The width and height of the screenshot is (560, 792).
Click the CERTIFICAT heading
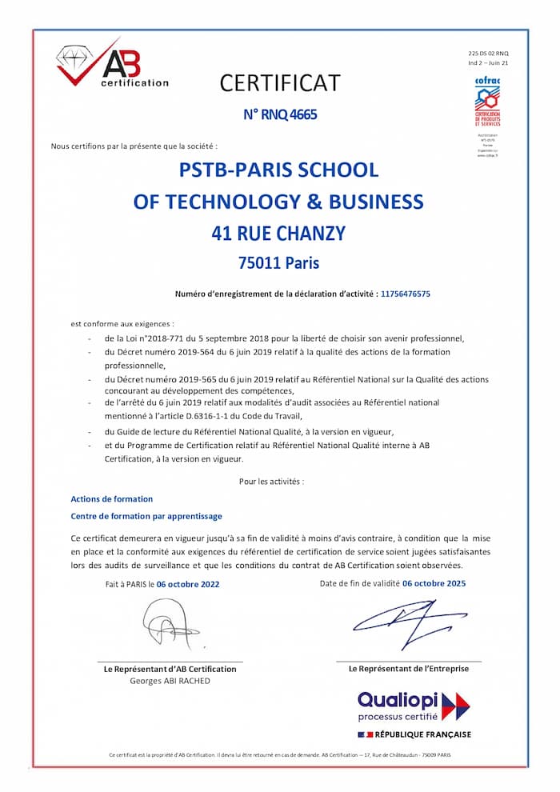click(280, 83)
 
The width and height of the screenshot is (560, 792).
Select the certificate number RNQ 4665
click(280, 114)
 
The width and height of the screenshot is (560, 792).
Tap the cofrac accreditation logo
click(487, 102)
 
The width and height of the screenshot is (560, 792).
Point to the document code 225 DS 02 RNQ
click(488, 52)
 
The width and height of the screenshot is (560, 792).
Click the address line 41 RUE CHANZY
click(278, 234)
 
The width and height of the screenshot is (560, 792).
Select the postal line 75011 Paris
click(278, 262)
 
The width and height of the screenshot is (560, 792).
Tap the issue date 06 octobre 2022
click(188, 584)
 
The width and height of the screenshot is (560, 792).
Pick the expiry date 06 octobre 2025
click(434, 583)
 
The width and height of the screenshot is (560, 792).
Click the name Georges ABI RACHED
click(170, 681)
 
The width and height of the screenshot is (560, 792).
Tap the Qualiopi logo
click(414, 706)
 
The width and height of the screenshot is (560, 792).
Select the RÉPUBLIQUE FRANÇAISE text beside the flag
click(422, 734)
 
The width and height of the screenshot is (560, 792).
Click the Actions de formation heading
click(112, 499)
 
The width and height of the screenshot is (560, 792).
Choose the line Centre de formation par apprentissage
click(146, 516)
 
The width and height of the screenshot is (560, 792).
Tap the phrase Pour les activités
click(271, 482)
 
